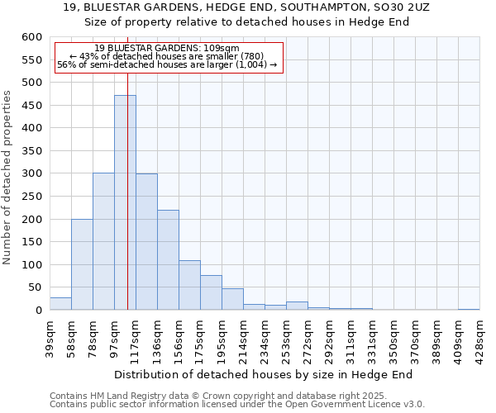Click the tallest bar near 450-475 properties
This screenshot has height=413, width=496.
click(x=125, y=202)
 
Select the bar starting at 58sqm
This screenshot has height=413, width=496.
click(x=82, y=264)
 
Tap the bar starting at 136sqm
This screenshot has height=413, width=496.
click(x=168, y=260)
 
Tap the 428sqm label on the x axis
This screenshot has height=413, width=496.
click(x=479, y=336)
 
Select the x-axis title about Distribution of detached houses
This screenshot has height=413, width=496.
click(x=263, y=374)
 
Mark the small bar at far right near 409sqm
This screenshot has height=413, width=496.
click(x=469, y=309)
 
